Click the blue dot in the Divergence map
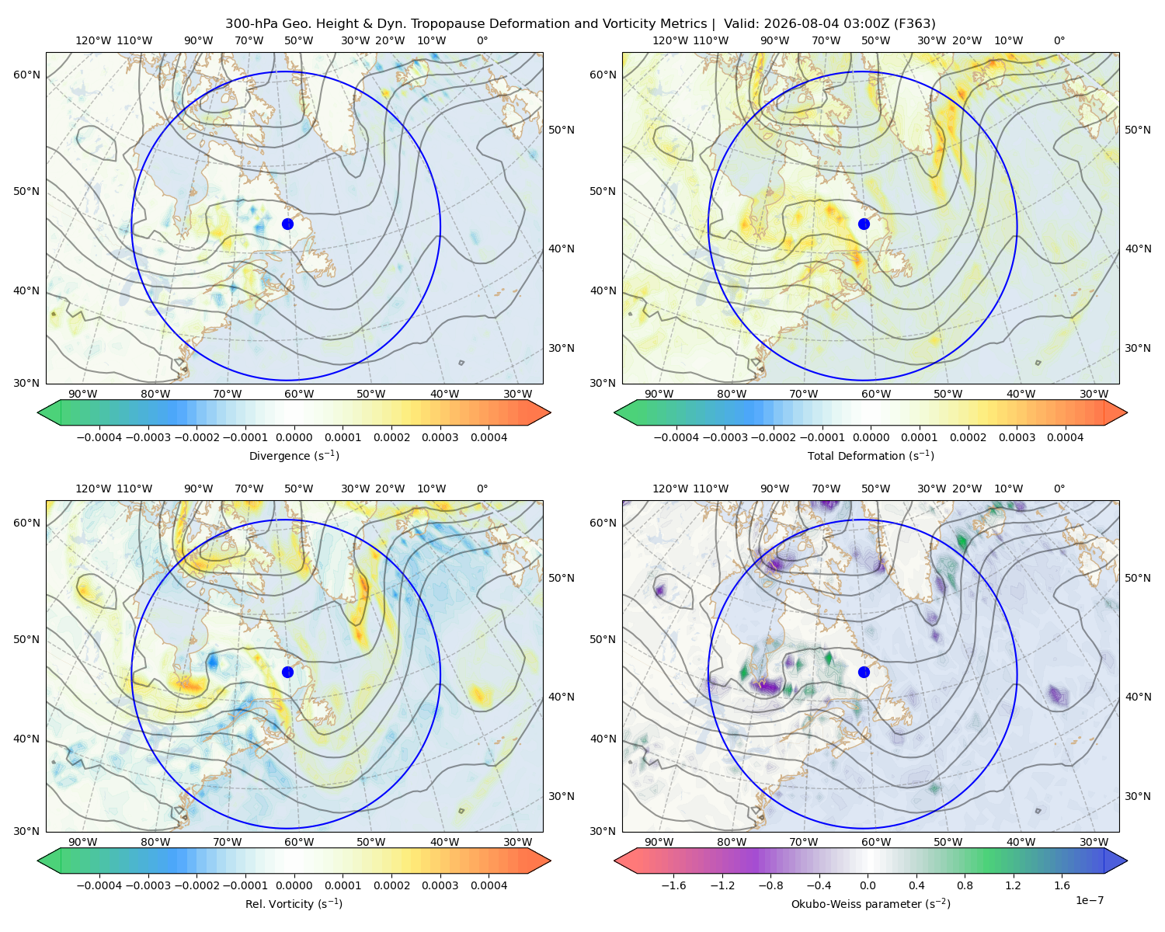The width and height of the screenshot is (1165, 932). (x=287, y=224)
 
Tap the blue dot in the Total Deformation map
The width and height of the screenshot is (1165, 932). (x=864, y=224)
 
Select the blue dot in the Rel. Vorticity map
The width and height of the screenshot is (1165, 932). (x=287, y=672)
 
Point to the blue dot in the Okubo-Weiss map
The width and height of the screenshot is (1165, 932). (x=864, y=672)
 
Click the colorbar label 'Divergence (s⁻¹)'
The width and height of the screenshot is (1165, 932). (x=294, y=455)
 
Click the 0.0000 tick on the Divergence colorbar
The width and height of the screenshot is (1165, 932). (x=294, y=437)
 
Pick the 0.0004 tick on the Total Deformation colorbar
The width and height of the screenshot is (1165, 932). (x=1065, y=437)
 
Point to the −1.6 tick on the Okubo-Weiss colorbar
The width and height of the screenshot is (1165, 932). (x=673, y=885)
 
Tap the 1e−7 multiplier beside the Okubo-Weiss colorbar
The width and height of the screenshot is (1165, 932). (x=1089, y=900)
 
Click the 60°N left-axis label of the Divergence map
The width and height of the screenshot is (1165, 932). (x=26, y=75)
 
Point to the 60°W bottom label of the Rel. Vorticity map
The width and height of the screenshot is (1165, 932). (x=299, y=842)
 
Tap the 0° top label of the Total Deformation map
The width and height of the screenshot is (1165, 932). (x=1059, y=40)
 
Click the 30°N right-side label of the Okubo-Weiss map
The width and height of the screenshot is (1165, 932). (x=1137, y=795)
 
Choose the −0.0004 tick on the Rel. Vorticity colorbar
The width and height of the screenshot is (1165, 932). (x=99, y=885)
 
